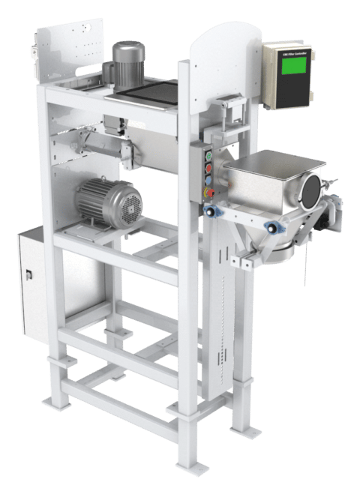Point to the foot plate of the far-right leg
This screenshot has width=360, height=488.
click(241, 430)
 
